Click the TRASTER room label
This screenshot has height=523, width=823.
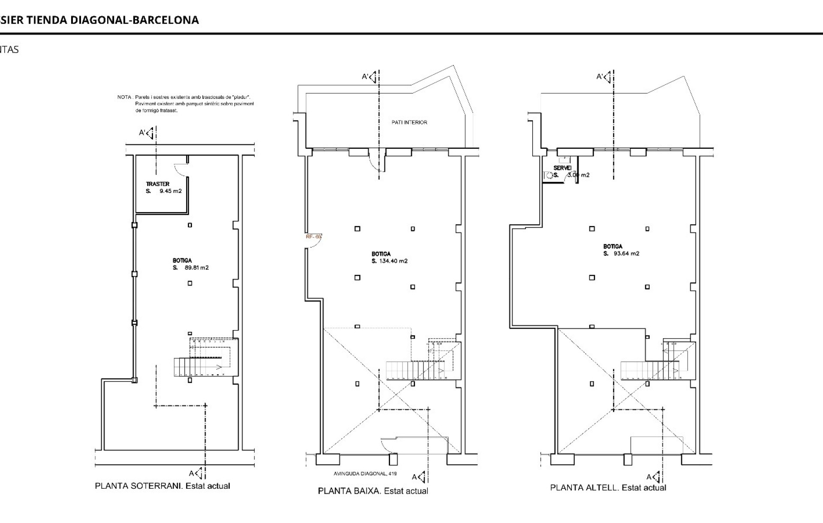[158, 184]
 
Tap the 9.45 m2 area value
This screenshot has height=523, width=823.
[171, 191]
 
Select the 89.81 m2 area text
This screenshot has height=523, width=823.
[197, 268]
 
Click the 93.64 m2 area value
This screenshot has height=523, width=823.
[627, 253]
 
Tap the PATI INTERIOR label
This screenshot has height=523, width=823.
[409, 122]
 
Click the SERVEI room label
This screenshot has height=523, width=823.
[562, 168]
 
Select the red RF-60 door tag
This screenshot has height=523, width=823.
[313, 237]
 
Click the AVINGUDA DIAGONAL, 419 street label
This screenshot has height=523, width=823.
[365, 474]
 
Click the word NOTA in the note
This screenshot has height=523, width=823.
[123, 97]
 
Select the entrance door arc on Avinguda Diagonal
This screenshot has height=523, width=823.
[389, 446]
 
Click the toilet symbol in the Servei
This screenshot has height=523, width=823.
[548, 175]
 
